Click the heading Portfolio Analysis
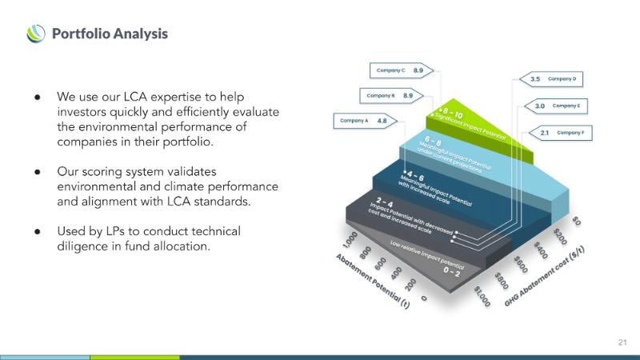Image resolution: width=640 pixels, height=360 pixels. (x=110, y=34)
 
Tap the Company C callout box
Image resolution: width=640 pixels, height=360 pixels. (x=400, y=70)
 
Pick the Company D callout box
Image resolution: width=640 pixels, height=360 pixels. (x=553, y=79)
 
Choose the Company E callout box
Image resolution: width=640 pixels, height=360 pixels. (x=556, y=106)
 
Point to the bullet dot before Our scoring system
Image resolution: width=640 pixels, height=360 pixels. (x=37, y=172)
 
